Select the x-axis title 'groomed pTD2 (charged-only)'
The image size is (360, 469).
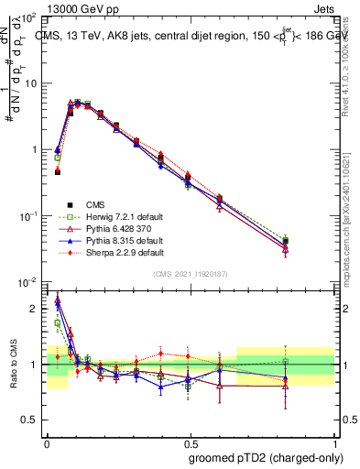[x=267, y=459]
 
